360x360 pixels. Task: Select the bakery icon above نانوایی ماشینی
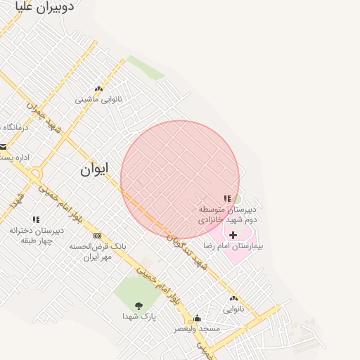pos(98,89)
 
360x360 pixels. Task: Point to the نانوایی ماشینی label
pos(98,100)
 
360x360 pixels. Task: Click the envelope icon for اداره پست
pos(4,147)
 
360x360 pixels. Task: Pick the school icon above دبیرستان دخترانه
pos(36,220)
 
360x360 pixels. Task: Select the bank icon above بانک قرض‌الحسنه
pos(97,236)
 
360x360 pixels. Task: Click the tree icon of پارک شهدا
pos(138,305)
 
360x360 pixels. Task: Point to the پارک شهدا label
pos(138,316)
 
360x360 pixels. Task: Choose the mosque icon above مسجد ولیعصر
pos(197,318)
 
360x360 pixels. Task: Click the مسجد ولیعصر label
pos(198,328)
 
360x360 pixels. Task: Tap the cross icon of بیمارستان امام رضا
pos(233,234)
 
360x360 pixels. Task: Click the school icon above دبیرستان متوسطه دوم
pos(227,199)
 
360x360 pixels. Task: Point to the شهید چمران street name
pos(44,116)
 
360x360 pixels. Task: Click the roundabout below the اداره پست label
pos(37,172)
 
